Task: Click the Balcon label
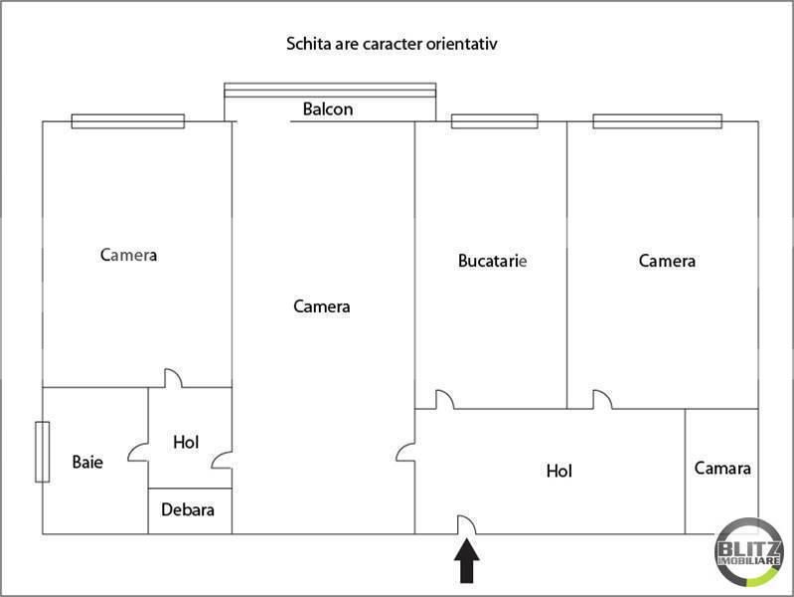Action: point(328,109)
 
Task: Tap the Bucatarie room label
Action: point(492,261)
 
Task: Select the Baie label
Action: point(87,462)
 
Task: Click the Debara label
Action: point(188,509)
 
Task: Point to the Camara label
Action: point(722,469)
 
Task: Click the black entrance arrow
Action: point(466,560)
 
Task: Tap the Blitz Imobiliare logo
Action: point(749,552)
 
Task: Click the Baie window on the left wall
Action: point(43,452)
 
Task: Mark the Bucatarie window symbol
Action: point(494,121)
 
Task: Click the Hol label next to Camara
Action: point(559,472)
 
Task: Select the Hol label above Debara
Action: point(186,443)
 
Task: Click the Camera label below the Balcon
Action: point(322,306)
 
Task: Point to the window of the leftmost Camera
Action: point(128,121)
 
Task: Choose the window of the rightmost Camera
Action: point(657,121)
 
